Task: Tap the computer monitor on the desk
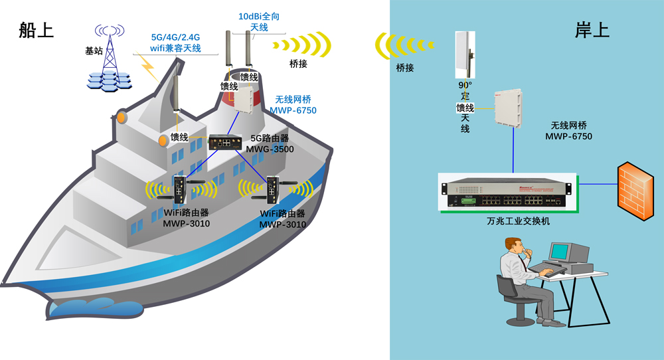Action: (x=560, y=252)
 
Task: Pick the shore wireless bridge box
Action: (x=509, y=109)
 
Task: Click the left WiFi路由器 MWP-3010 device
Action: (x=179, y=189)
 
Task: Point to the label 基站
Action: (x=94, y=50)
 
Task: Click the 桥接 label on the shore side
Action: (x=404, y=68)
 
